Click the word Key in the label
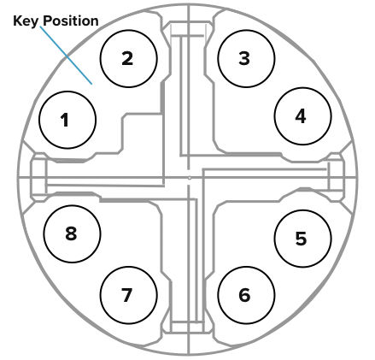pos(26,21)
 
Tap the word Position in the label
pos(71,21)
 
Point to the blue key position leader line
pos(66,56)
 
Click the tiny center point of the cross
pos(190,178)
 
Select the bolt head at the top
pos(188,28)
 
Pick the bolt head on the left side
pos(38,177)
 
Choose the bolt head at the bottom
pos(188,327)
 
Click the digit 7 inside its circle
pos(126,295)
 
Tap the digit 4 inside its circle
pos(301,116)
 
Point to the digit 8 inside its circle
pos(71,233)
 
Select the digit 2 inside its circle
pos(127,58)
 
